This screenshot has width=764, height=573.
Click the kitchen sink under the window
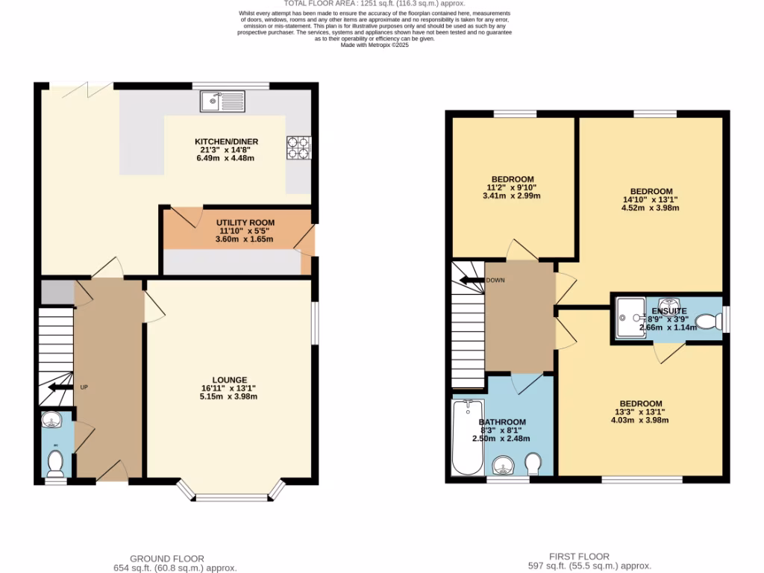click(222, 101)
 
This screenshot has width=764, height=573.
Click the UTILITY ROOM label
click(245, 222)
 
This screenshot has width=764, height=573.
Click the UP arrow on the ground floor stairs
click(56, 387)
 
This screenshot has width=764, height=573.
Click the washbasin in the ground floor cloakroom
click(51, 422)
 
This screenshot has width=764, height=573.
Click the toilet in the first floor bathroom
click(533, 463)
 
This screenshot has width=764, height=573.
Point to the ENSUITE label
click(668, 311)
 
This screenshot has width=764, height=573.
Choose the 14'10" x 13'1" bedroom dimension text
click(650, 200)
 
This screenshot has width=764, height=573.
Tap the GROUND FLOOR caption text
click(166, 559)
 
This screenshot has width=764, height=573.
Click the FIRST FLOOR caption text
click(579, 557)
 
